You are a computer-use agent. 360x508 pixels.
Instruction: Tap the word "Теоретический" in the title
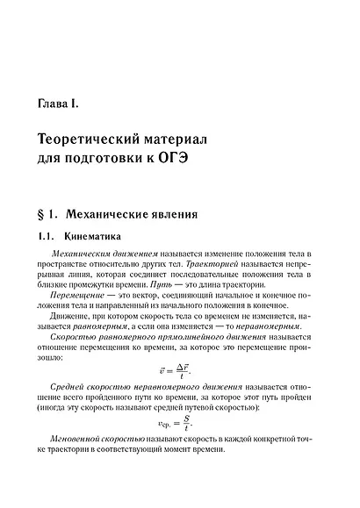pos(102,141)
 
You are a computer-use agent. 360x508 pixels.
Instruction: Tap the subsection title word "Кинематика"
pos(97,237)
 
